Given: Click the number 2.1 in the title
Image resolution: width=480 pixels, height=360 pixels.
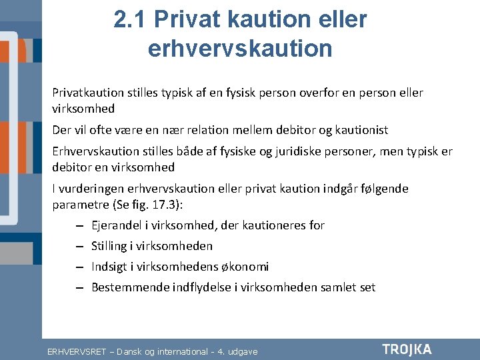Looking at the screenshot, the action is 129,19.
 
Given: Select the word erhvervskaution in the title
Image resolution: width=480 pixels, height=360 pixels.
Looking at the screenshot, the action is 240,48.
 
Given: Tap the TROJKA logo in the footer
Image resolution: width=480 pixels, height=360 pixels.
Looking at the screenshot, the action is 407,349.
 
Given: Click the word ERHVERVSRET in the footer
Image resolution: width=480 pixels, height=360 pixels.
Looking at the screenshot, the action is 77,352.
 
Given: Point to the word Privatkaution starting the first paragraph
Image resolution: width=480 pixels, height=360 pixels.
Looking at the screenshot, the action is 88,93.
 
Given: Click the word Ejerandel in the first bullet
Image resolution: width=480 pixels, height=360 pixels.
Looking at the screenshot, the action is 116,226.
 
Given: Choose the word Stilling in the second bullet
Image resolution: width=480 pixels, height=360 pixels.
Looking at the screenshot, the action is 109,247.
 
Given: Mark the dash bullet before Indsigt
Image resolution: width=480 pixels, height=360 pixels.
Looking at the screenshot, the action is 79,267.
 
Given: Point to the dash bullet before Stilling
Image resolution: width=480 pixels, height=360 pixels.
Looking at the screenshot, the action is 79,247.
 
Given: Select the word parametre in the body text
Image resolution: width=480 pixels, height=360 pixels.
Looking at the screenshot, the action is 81,205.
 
